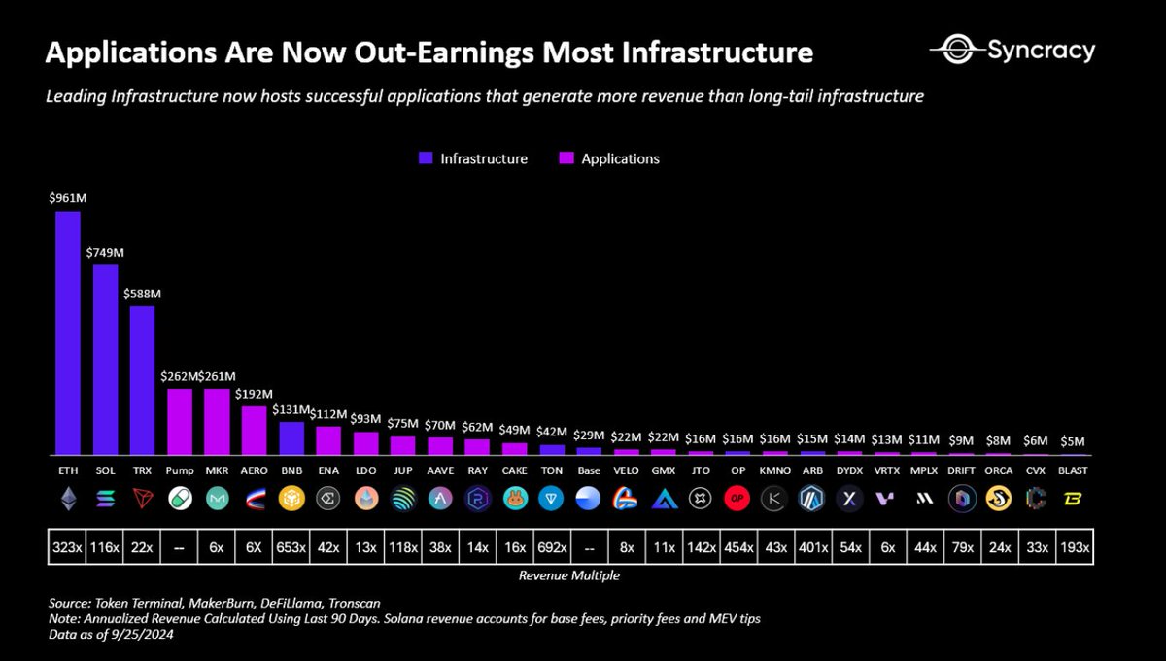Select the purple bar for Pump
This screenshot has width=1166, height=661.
(x=180, y=421)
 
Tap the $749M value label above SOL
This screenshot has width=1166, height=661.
(x=105, y=253)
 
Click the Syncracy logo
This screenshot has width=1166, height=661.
(x=1012, y=51)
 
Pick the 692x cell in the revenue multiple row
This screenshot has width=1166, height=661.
(x=552, y=548)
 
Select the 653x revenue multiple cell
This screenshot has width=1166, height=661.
(x=291, y=548)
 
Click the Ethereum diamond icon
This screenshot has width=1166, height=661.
(x=67, y=500)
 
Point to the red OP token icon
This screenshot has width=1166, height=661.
(x=737, y=500)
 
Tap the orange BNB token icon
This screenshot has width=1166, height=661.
(x=291, y=500)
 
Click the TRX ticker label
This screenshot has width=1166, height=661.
(x=142, y=470)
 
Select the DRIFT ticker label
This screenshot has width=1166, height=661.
(x=961, y=470)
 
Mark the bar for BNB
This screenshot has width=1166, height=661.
(x=291, y=438)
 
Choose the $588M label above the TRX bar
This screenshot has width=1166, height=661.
(x=142, y=294)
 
